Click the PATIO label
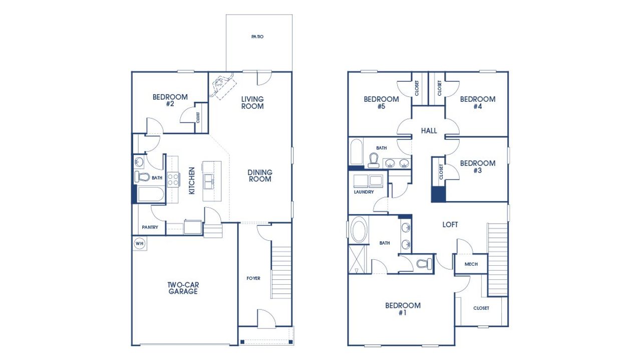pos(257,37)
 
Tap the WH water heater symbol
pos(139,244)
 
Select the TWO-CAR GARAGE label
pos(182,288)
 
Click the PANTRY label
pos(150,227)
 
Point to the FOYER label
pos(253,278)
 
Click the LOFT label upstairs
pos(450,225)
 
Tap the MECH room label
pos(471,264)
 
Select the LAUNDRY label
pos(364,192)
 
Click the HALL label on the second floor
pos(429,131)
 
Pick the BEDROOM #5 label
pos(381,102)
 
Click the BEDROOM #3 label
pos(477,166)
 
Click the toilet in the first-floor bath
pos(142,176)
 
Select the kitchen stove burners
pos(173,179)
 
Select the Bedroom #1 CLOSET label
pos(481,308)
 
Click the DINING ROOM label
pos(259,175)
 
